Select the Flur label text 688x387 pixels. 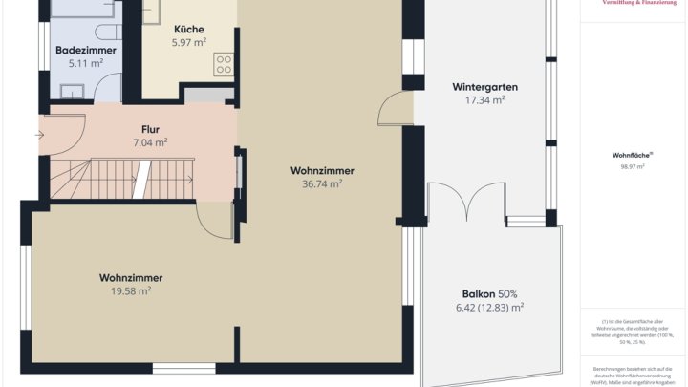coord(150,129)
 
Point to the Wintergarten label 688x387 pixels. coord(484,87)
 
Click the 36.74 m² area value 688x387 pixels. coord(322,184)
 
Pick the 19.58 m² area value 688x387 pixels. coord(131,290)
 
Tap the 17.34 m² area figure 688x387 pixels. coord(484,100)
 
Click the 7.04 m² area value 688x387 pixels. coord(150,142)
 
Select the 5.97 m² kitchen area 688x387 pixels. coord(188,43)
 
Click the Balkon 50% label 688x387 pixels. coord(489,294)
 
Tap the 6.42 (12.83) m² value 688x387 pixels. coord(489,308)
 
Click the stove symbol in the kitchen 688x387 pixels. coord(225,64)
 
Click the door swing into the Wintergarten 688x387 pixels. coord(394,110)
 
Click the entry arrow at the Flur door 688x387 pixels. coord(39,134)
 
